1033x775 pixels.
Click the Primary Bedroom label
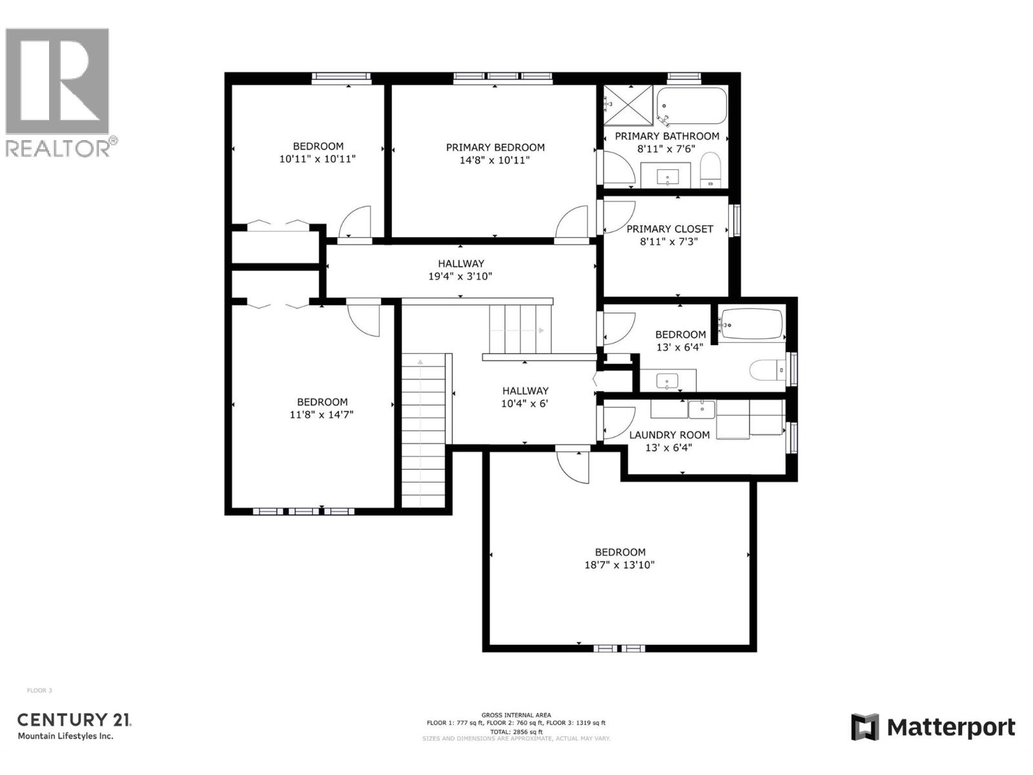coord(495,147)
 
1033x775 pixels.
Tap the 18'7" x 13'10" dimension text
coord(620,565)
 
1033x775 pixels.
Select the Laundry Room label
coord(670,435)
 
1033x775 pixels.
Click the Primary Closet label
coord(670,229)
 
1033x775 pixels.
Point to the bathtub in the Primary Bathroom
coord(691,105)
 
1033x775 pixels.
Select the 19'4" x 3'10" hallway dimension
coord(460,276)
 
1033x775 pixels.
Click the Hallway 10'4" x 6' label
coord(525,391)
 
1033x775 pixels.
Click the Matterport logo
coord(933,728)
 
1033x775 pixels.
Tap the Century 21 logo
coord(74,725)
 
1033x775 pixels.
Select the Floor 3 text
coord(39,690)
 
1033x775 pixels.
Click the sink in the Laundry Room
coord(701,409)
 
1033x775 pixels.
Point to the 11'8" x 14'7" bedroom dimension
coord(322,415)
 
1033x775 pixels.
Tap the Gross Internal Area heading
coord(516,715)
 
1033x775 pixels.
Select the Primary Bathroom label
coord(666,136)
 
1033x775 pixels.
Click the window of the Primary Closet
coord(735,220)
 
